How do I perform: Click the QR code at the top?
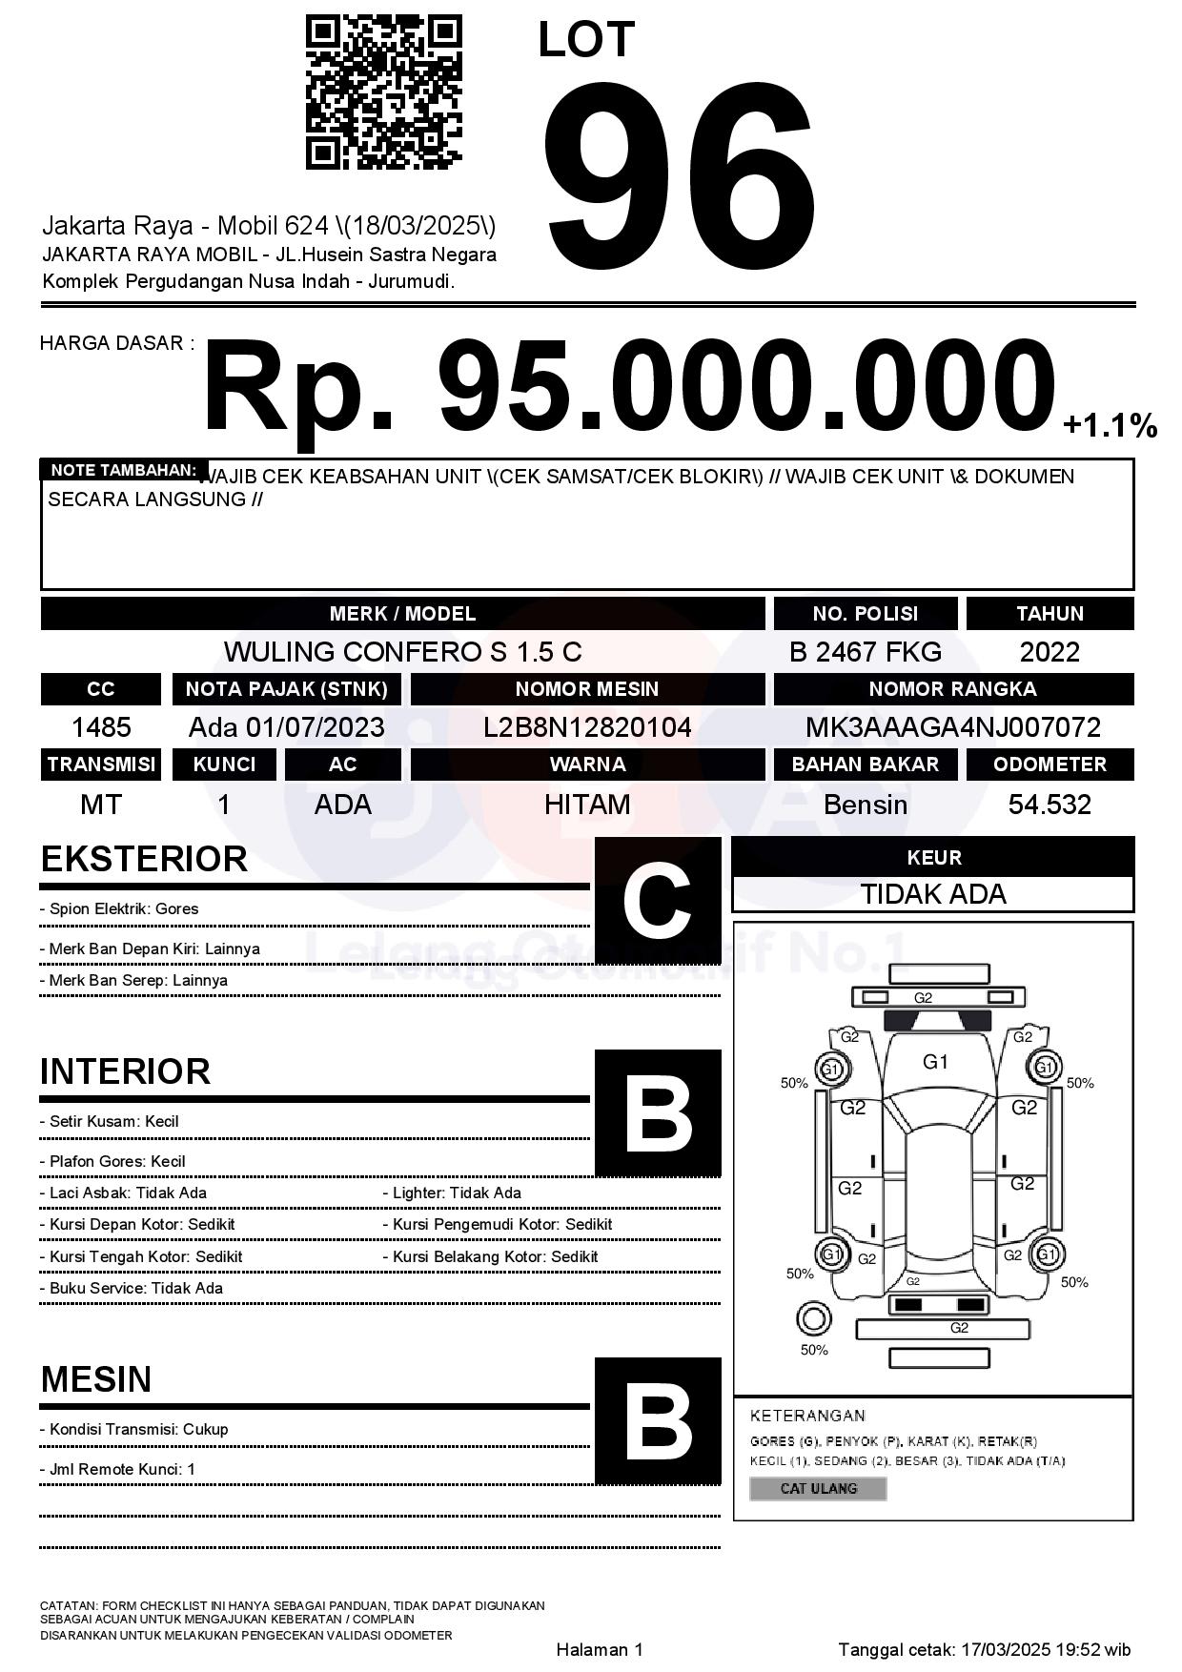(x=383, y=92)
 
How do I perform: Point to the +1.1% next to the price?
(x=1110, y=425)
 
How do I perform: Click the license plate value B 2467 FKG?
(x=865, y=652)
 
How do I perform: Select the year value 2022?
(x=1050, y=652)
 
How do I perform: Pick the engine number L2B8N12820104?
(x=587, y=728)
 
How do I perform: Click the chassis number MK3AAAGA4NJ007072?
(x=952, y=728)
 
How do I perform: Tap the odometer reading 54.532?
(x=1050, y=805)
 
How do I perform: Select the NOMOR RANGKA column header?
(x=952, y=689)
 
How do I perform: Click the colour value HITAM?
(x=587, y=805)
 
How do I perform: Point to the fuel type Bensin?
(x=865, y=805)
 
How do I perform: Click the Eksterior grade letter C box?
(x=658, y=900)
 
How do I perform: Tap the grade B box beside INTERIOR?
(x=658, y=1112)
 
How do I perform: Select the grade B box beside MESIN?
(x=658, y=1420)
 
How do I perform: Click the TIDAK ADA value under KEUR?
(x=933, y=894)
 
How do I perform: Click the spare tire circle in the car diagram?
(x=813, y=1319)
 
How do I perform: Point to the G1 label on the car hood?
(x=935, y=1062)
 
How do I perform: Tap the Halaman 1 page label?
(x=600, y=1649)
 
